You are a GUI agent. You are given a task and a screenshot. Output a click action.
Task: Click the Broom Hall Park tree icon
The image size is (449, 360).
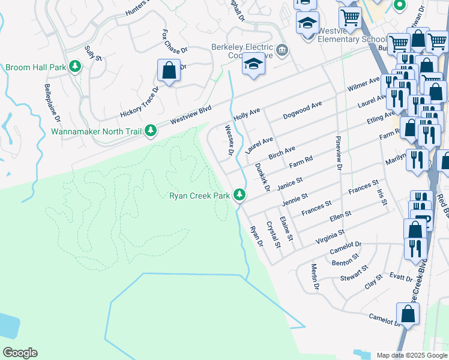point(75,67)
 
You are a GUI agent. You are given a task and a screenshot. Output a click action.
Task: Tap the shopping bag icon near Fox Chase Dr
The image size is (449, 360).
point(169,70)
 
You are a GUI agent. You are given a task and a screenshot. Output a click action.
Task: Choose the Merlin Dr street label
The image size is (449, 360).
point(315,277)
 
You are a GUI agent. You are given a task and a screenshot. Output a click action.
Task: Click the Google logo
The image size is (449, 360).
point(20,353)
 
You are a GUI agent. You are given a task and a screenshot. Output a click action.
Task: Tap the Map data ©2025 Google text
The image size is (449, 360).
point(411,355)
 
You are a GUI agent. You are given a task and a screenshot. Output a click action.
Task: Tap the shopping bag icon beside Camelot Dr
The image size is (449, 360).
point(408,314)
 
